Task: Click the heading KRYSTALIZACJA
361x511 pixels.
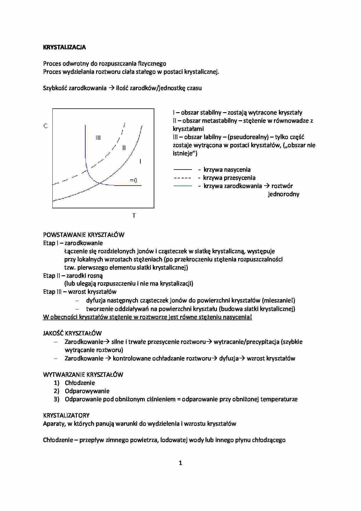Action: pos(64,47)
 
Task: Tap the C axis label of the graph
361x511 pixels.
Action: pos(45,126)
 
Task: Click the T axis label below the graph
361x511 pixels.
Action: pos(134,216)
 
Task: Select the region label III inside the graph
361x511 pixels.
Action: pos(98,138)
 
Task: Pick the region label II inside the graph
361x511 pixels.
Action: pos(124,148)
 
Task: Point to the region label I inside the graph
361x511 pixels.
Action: pos(140,161)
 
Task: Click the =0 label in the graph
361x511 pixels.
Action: pos(133,180)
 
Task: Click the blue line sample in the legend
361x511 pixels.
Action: pos(183,186)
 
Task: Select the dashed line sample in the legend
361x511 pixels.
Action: pos(183,178)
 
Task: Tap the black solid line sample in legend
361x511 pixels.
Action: pos(183,170)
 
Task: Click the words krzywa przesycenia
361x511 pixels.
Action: pos(229,178)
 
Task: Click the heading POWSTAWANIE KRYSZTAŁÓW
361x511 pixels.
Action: pos(84,235)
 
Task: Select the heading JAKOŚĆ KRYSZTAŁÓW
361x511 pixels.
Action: pos(72,333)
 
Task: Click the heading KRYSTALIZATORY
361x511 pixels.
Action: pos(66,415)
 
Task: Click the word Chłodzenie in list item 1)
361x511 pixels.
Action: pos(80,383)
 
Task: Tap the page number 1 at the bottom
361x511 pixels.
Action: pos(180,463)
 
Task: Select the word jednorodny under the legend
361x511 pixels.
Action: pos(284,194)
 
